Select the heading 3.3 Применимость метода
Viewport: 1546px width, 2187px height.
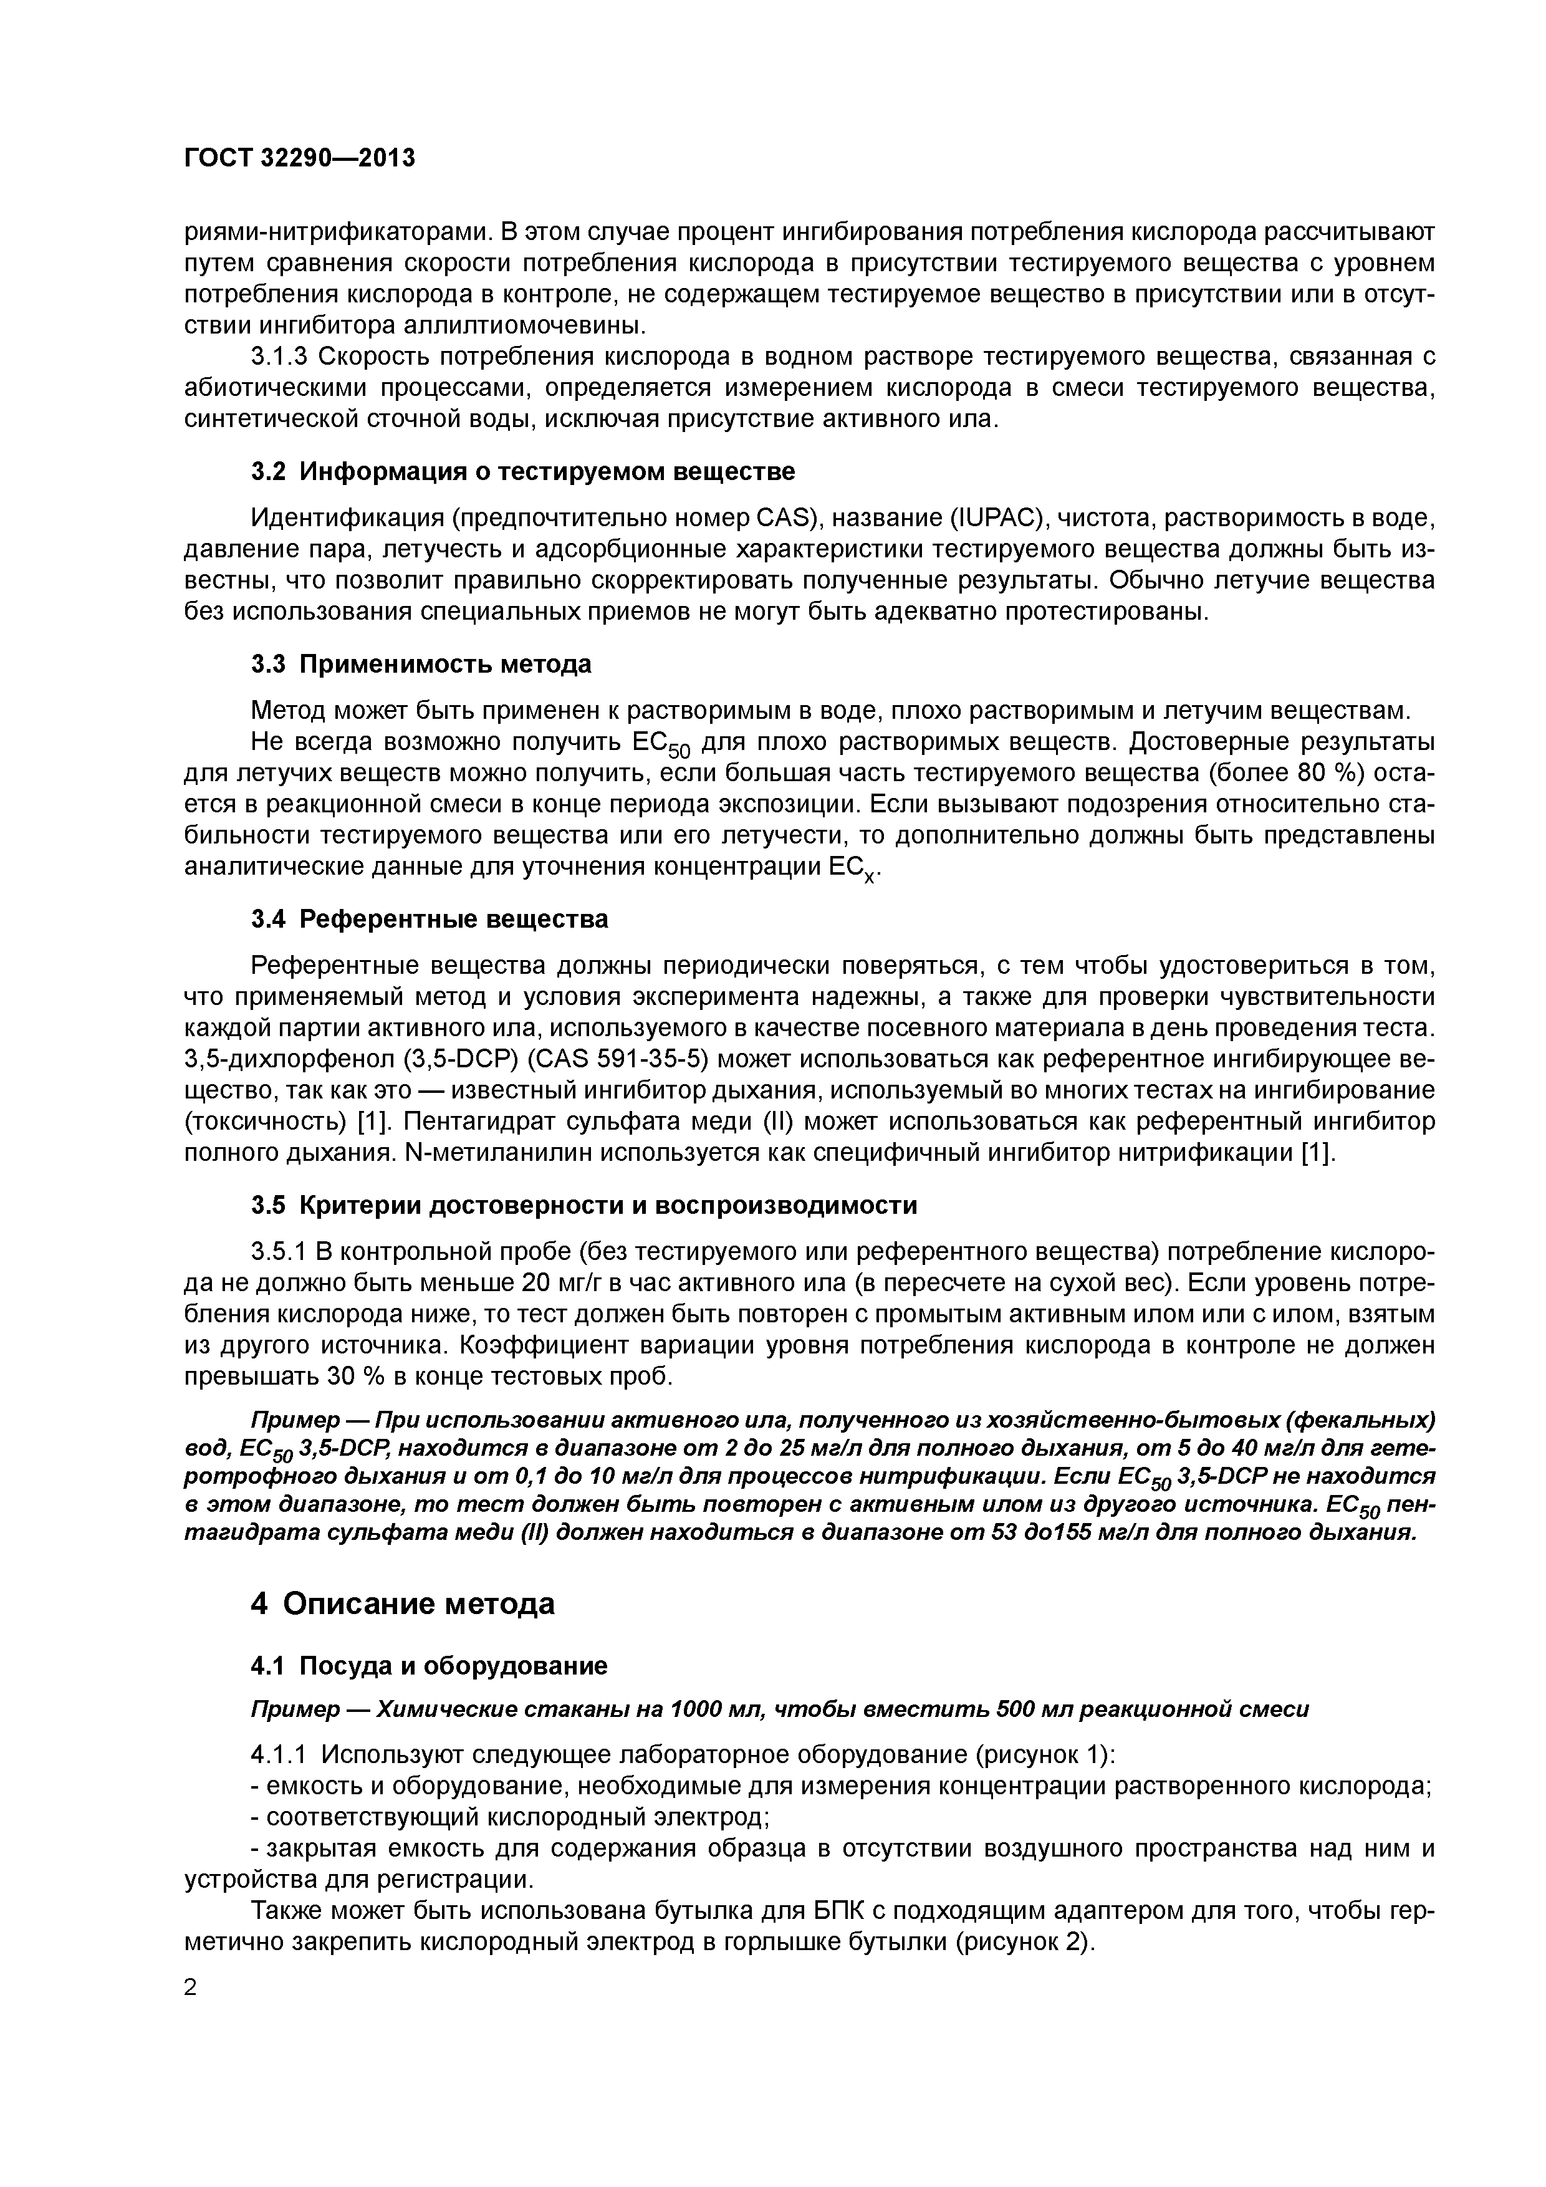(421, 664)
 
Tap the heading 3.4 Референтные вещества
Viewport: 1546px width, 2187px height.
(430, 919)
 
